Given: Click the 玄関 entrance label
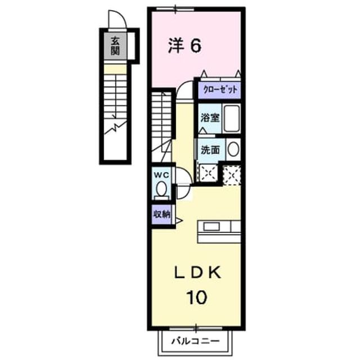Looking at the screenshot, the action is point(115,46).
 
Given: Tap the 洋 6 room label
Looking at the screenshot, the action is point(185,46).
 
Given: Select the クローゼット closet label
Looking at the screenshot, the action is point(220,89).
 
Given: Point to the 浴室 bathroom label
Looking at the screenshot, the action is point(210,118).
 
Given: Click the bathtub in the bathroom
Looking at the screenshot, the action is point(232,118).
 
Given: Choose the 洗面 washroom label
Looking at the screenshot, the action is point(210,150).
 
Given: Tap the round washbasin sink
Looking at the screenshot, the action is point(233,149).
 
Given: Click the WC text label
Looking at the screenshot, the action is point(161,175).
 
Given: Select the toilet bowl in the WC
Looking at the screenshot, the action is point(161,188).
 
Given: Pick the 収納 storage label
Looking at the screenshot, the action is point(161,214).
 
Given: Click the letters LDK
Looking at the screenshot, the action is point(198,272).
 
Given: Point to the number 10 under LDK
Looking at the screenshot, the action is point(197,298).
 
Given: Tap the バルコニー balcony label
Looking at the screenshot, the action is point(196,341).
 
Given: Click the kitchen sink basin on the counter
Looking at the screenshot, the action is point(211,227).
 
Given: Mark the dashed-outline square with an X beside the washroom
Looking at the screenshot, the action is point(232,175).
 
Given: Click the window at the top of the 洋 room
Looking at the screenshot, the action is point(175,10).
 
